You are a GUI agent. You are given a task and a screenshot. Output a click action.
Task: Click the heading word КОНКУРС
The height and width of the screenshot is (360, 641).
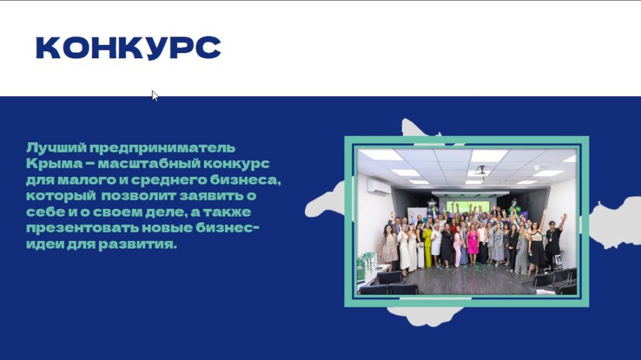click(128, 48)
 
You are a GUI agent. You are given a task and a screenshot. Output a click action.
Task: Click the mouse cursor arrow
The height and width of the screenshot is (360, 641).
click(154, 95)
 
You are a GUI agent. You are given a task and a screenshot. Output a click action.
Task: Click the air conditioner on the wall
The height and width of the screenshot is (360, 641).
click(378, 186)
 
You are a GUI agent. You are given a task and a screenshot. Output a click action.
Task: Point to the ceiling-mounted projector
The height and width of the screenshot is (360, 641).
click(480, 170)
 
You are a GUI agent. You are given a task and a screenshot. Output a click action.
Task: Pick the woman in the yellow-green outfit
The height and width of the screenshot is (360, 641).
click(428, 243)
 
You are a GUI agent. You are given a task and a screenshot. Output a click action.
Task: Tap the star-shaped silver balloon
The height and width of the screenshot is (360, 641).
click(431, 205)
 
